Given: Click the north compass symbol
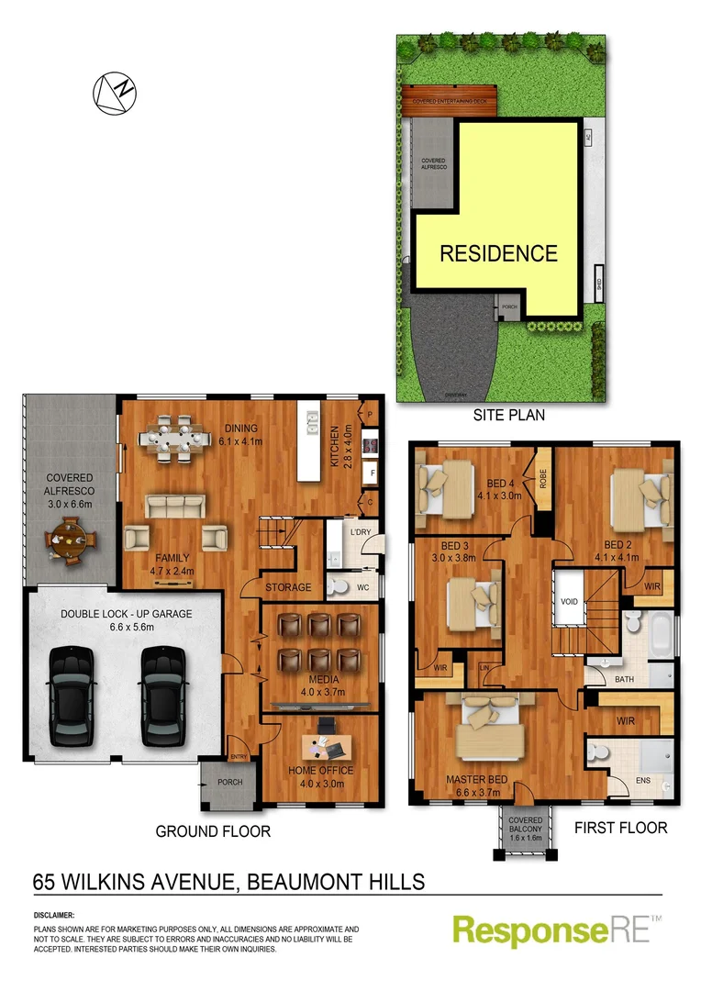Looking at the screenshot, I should pyautogui.click(x=114, y=94).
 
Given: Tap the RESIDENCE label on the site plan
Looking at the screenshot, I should pyautogui.click(x=498, y=253).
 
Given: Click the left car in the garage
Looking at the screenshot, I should pyautogui.click(x=71, y=696).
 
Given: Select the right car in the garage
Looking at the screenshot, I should pyautogui.click(x=162, y=696).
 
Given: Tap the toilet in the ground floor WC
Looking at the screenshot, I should pyautogui.click(x=339, y=586).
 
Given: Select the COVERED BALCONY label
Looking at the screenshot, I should pyautogui.click(x=526, y=829).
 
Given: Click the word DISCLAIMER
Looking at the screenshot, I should pyautogui.click(x=54, y=916).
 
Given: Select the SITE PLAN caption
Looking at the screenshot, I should pyautogui.click(x=508, y=415).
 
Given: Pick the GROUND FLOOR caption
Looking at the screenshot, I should pyautogui.click(x=213, y=831).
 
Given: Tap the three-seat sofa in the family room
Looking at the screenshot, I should pyautogui.click(x=174, y=506).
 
